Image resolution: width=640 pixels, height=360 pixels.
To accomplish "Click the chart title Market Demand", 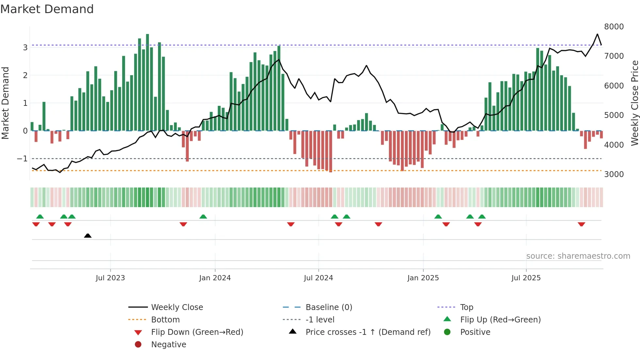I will click(x=47, y=9).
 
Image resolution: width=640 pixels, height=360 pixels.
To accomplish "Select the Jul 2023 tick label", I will click(x=110, y=278).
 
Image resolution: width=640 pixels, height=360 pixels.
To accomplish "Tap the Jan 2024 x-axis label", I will click(x=215, y=278).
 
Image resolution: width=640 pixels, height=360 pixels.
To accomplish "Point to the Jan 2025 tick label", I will click(x=423, y=278).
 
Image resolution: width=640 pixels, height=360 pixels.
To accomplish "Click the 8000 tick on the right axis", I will click(x=614, y=27).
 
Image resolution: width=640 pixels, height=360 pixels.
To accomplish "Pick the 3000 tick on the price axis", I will click(x=614, y=174).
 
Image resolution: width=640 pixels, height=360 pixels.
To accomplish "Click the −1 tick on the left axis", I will click(x=22, y=159).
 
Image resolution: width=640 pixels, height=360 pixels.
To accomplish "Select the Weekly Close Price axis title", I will click(x=634, y=103).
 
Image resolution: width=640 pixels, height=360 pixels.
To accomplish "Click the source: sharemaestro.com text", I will click(x=578, y=256).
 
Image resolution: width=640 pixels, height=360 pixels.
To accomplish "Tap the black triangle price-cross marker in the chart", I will click(x=88, y=236).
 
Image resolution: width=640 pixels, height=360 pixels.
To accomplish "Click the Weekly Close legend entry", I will click(x=177, y=307).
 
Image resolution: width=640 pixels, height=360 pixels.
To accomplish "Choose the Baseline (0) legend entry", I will click(x=328, y=307).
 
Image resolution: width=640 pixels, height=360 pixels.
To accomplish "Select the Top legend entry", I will click(x=466, y=307).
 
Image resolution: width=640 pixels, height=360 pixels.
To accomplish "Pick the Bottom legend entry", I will click(x=165, y=320).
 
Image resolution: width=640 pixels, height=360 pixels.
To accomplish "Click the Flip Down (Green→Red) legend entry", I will click(x=197, y=332).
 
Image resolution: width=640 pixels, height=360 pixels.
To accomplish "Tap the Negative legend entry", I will click(x=168, y=345).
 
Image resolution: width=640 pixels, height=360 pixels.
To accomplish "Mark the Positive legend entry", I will click(x=475, y=332).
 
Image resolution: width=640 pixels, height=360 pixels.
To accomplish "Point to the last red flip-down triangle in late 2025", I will click(x=581, y=224).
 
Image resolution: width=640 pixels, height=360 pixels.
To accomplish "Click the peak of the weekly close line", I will click(x=597, y=34).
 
